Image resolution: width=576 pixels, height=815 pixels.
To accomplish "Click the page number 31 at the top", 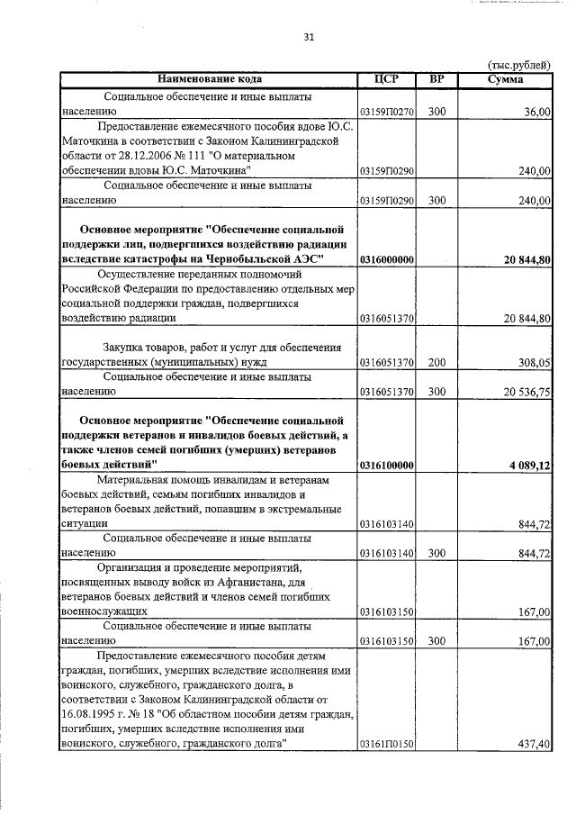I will (x=309, y=37).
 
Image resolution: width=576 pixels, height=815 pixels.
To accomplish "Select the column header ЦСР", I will (x=385, y=79).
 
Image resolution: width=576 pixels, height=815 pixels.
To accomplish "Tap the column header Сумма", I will (x=505, y=79).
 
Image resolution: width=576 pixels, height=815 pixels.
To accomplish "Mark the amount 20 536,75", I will (x=524, y=393).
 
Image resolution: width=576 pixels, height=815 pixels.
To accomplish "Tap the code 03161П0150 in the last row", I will (x=386, y=744).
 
